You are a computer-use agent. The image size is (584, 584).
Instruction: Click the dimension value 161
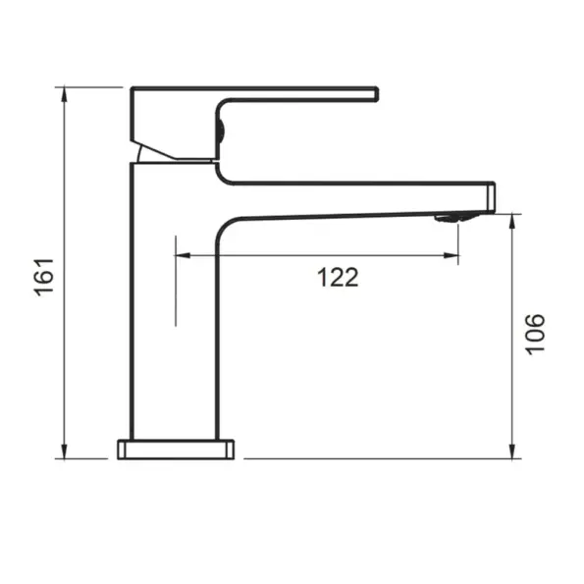click(44, 278)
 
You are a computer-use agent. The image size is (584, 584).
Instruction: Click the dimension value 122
click(338, 278)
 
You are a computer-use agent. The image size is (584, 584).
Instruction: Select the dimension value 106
click(534, 334)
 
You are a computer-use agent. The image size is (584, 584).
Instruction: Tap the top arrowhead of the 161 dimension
click(64, 93)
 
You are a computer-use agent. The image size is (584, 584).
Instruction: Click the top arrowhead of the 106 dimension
click(512, 219)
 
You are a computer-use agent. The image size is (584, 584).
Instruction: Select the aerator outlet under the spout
click(449, 218)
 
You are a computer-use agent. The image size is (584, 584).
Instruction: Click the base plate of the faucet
click(176, 450)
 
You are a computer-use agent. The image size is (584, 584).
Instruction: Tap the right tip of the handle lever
click(375, 93)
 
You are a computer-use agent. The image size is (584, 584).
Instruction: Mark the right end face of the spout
click(493, 196)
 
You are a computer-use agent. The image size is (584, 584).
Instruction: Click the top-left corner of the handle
click(133, 89)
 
